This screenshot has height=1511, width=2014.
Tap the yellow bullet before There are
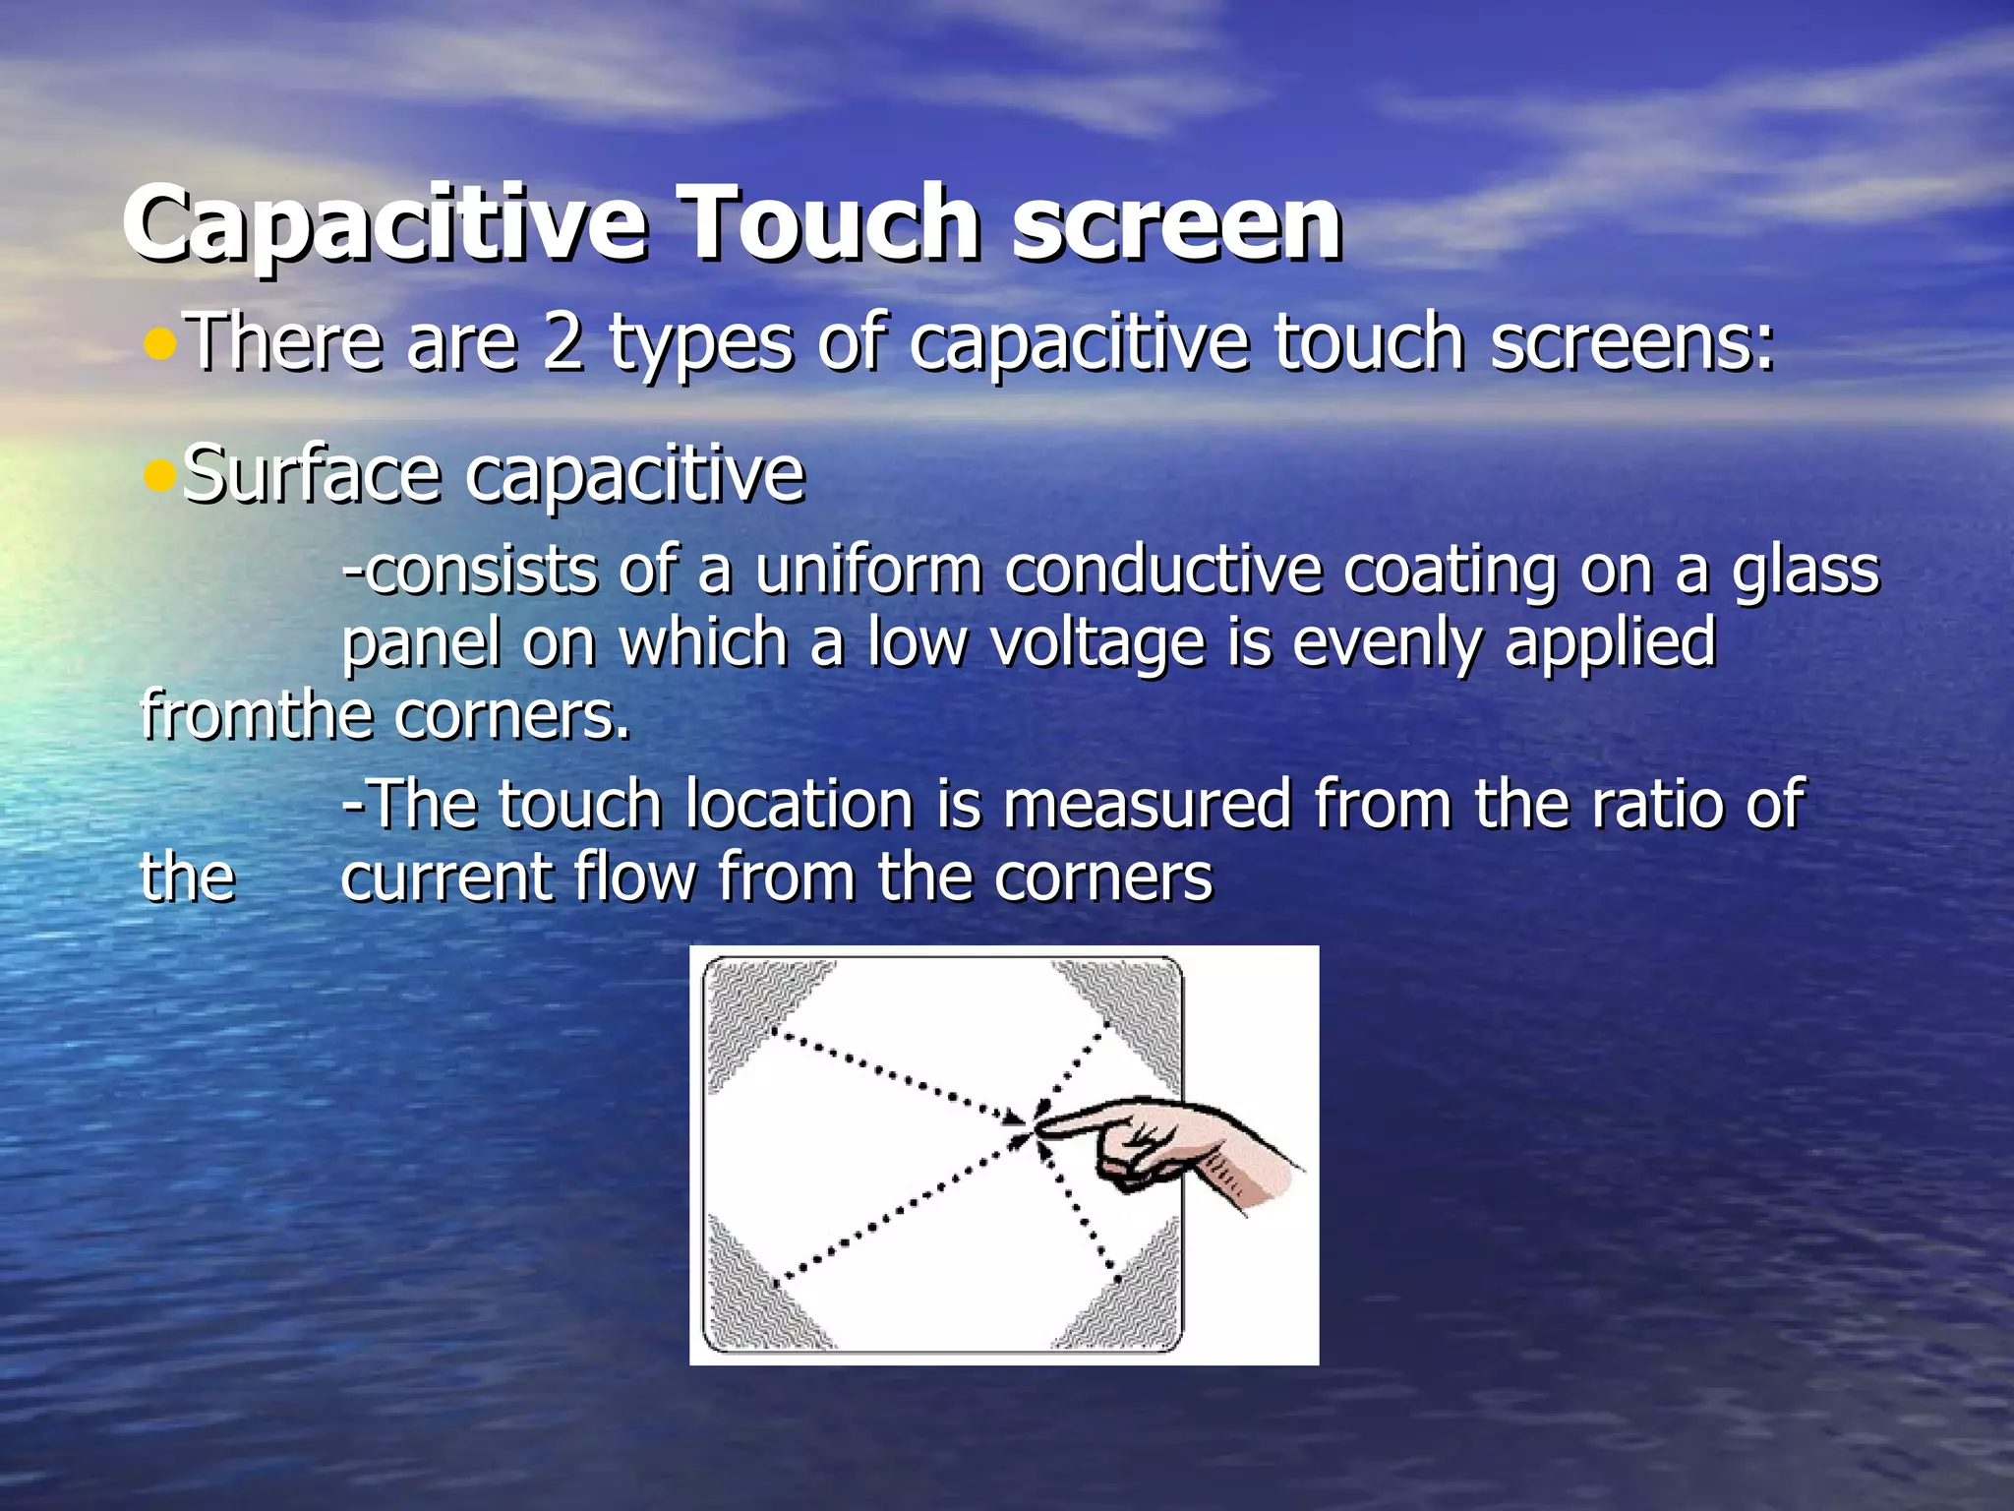(158, 344)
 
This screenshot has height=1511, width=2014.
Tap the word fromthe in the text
(256, 715)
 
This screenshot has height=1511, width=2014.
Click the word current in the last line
(445, 876)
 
